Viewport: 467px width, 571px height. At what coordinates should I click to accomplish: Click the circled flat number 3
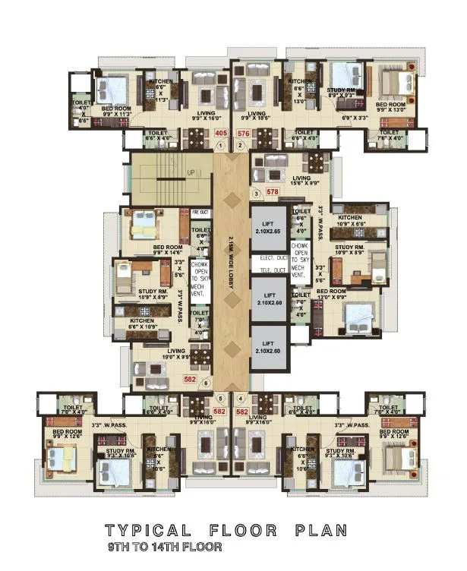pos(257,194)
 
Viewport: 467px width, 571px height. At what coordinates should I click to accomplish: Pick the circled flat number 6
pos(207,383)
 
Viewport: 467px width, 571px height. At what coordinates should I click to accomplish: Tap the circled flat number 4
pos(241,397)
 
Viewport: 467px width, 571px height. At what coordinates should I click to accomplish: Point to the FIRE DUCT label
pos(200,213)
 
